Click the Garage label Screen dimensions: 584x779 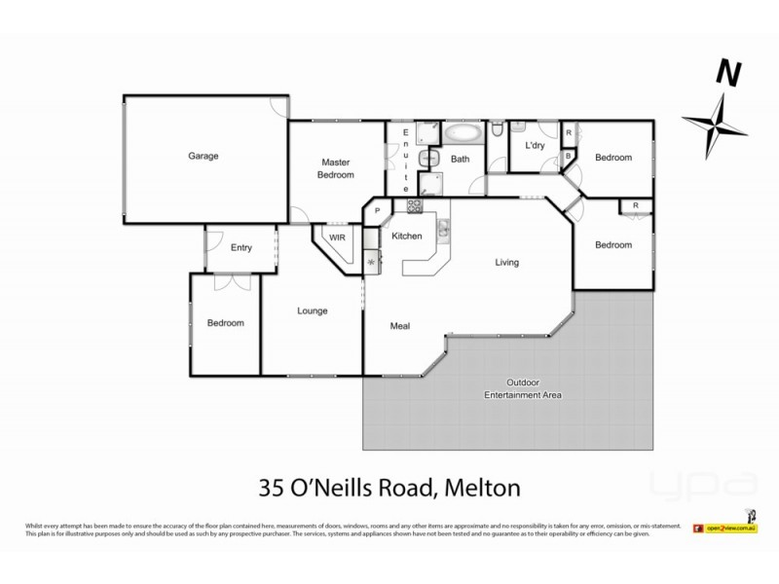pos(204,156)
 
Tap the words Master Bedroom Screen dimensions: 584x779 pos(336,168)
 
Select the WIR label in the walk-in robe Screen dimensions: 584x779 pos(337,237)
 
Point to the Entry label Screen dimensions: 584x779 pos(241,247)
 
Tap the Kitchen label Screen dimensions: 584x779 pos(406,237)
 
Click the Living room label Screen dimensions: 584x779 pos(506,262)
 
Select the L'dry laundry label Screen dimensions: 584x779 pos(534,146)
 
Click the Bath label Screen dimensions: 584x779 pos(460,159)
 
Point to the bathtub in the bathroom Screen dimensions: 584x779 pos(462,132)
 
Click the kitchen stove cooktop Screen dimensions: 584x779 pos(413,205)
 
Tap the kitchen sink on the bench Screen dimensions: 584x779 pos(443,230)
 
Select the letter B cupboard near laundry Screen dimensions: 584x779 pos(569,156)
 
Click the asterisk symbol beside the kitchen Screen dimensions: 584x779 pos(371,259)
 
